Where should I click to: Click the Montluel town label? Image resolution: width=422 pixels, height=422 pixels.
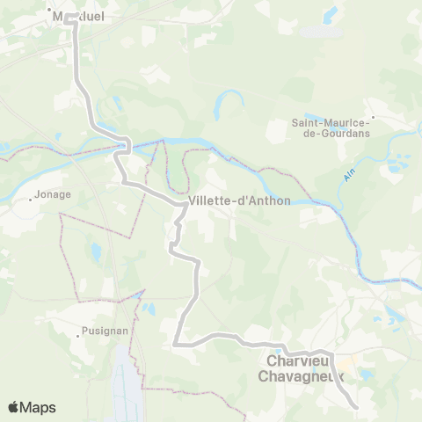pyautogui.click(x=70, y=18)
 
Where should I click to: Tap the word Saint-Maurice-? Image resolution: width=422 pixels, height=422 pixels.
pyautogui.click(x=331, y=123)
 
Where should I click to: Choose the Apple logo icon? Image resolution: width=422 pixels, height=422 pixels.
pyautogui.click(x=13, y=407)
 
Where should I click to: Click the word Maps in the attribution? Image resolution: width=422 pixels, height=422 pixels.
pyautogui.click(x=39, y=408)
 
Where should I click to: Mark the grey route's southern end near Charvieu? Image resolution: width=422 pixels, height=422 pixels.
pyautogui.click(x=354, y=407)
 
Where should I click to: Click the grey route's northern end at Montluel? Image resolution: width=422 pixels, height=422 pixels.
pyautogui.click(x=70, y=15)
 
